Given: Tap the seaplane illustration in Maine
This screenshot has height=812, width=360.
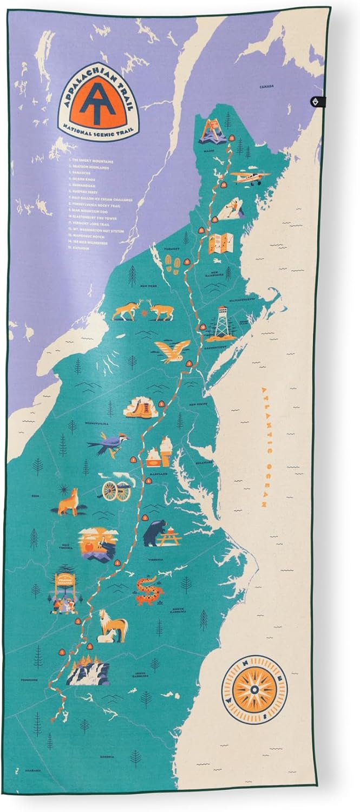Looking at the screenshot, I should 249,176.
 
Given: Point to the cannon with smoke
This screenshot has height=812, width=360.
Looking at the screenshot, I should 115,488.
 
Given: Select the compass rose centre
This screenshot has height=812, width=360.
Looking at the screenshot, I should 254,689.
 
